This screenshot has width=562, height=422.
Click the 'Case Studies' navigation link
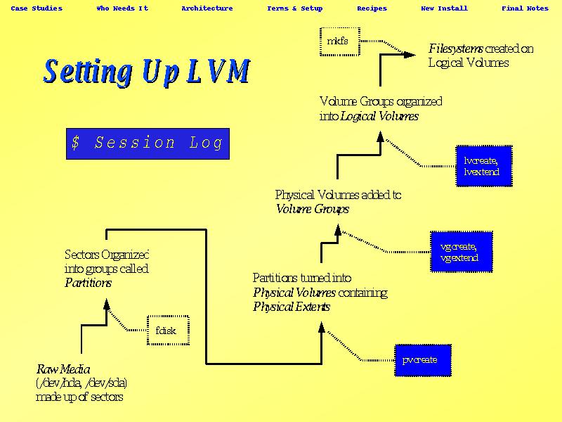point(37,8)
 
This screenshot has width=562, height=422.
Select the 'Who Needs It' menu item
point(122,8)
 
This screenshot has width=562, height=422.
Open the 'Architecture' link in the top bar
point(207,8)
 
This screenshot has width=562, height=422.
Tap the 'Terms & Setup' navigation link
point(295,8)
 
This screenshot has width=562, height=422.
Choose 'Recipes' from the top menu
point(372,8)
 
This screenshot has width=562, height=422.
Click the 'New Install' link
point(444,8)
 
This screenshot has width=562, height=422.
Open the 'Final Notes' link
point(525,8)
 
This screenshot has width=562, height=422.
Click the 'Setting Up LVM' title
point(147,72)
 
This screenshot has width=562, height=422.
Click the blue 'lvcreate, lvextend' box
point(483,166)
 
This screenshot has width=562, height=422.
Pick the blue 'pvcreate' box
point(420,360)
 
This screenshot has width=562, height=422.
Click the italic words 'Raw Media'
point(63,369)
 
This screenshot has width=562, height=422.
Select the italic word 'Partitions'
point(89,283)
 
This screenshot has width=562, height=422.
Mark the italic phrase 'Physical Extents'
point(292,307)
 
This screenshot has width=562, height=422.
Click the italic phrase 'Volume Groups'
point(312,209)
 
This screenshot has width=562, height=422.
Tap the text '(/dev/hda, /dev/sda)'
point(81,383)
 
